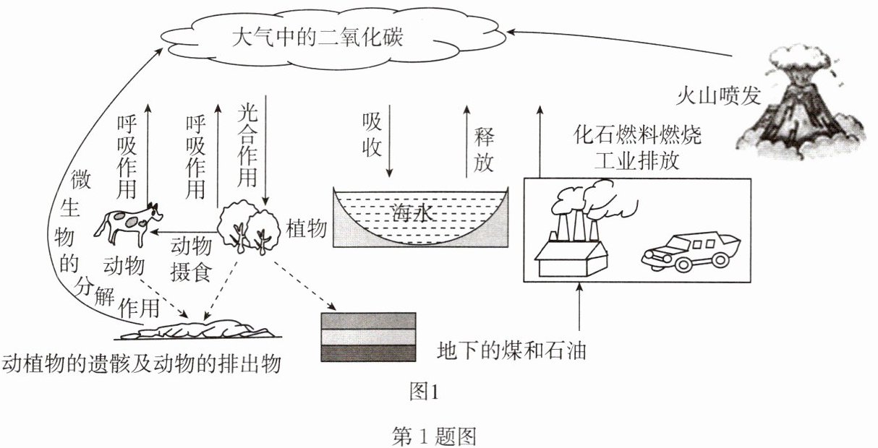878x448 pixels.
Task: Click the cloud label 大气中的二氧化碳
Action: tap(317, 38)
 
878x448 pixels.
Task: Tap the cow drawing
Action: tap(128, 225)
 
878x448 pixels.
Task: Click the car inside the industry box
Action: tap(691, 252)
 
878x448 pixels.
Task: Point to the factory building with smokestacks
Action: tap(580, 231)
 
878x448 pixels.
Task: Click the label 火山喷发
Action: tap(718, 95)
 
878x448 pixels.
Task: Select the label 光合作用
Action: tap(247, 146)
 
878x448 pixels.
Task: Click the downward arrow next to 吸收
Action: tap(389, 141)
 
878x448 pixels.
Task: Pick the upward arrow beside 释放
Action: tap(466, 142)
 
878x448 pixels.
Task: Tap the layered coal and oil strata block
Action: tap(368, 337)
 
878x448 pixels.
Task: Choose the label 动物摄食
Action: tap(191, 259)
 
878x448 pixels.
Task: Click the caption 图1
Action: tap(424, 392)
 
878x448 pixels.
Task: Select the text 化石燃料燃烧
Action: tap(637, 134)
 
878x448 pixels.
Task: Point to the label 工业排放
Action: tap(637, 160)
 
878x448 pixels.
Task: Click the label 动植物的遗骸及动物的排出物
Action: tap(141, 363)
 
